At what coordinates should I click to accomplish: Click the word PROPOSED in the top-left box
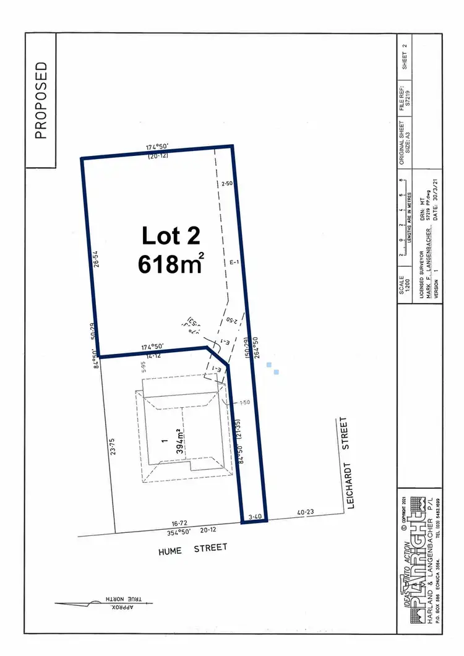(x=41, y=100)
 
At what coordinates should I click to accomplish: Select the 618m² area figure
(x=171, y=264)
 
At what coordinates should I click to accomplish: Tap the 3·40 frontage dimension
(x=255, y=515)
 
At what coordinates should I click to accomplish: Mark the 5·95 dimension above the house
(x=142, y=371)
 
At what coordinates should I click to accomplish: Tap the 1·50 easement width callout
(x=243, y=402)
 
